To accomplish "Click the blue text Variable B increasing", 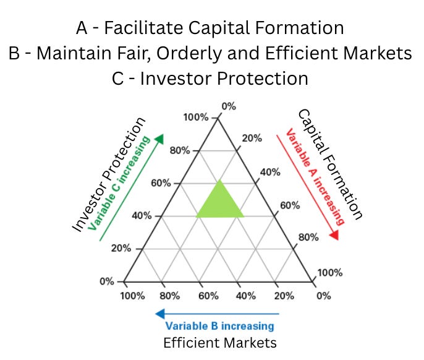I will [219, 326].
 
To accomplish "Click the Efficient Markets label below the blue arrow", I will [219, 342].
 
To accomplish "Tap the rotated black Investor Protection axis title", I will [109, 175].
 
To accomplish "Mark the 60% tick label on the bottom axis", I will [208, 296].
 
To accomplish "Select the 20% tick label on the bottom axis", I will [284, 296].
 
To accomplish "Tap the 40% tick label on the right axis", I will [271, 172].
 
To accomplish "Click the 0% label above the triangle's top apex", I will [229, 106].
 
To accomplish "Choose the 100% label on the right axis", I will [329, 273].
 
